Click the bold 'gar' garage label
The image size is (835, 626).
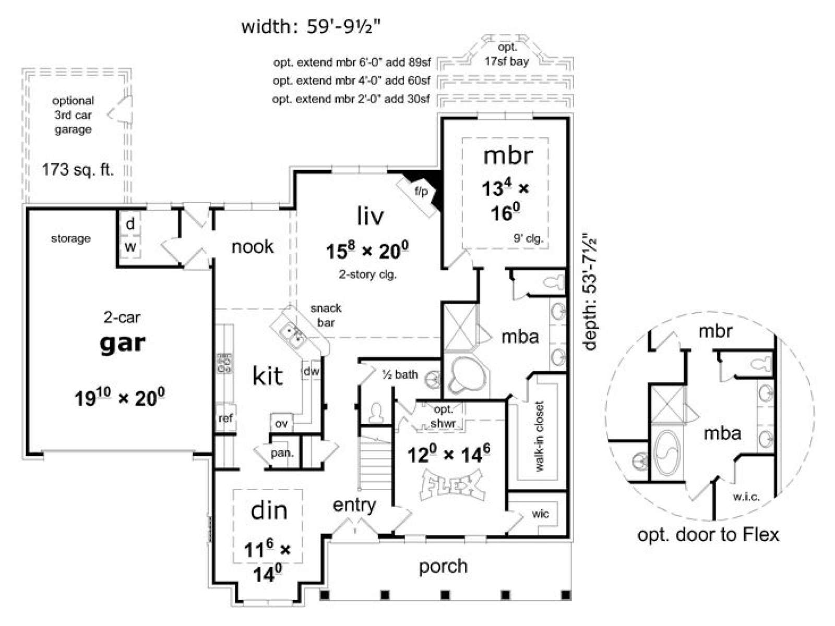pos(123,344)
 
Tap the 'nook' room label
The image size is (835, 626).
pos(252,247)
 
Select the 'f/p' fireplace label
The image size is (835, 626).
pos(421,191)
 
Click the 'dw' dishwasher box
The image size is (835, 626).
pos(311,371)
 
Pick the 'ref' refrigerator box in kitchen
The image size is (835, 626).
pos(225,418)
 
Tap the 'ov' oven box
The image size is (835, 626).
pos(281,423)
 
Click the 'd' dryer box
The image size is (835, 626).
pos(130,224)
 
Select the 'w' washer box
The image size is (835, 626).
pos(130,247)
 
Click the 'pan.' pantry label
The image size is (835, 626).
pos(282,453)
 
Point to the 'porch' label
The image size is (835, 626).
pos(443,567)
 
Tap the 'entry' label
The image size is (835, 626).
pos(354,506)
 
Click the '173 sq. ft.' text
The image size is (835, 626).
pos(78,170)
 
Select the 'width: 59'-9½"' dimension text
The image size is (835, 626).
pos(311,27)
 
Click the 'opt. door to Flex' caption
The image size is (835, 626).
pos(708,535)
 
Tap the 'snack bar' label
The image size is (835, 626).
pos(326,315)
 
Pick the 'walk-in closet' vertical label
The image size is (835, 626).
pos(539,436)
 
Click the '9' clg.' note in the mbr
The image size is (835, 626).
pos(528,238)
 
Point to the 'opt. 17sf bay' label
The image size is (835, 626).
pos(507,54)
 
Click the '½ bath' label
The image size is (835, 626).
pos(400,375)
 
